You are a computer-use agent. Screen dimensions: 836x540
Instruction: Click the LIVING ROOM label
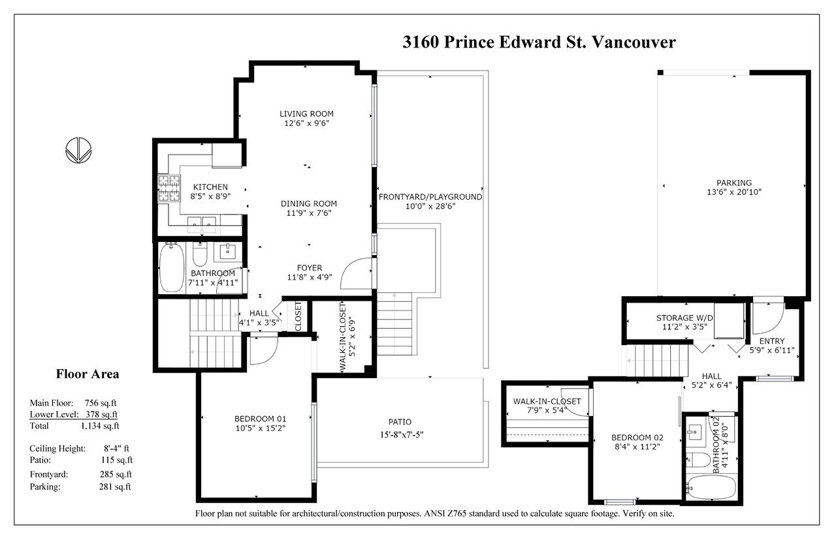306,113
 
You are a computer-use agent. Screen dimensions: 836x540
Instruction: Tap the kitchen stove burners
169,188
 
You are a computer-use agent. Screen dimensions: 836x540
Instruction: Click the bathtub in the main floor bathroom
172,267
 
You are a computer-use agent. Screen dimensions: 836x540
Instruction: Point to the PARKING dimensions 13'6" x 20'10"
734,192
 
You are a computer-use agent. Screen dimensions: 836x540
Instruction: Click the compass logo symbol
78,150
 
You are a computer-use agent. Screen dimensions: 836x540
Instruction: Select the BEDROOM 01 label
260,419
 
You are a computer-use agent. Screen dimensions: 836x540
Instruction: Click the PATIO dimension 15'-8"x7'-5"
402,434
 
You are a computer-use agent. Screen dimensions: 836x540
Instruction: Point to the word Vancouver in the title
634,42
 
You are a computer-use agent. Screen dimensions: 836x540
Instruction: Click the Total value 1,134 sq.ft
100,426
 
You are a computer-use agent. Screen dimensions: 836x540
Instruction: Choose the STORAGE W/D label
684,318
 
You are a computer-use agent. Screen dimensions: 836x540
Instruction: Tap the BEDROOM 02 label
637,438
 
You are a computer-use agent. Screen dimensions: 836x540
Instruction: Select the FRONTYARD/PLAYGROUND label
430,197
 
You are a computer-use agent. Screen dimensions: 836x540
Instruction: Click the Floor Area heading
88,374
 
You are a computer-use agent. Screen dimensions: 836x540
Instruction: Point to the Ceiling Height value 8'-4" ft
116,448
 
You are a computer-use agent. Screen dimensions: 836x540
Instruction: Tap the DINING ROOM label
309,203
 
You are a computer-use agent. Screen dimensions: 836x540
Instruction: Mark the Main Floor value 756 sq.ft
101,403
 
